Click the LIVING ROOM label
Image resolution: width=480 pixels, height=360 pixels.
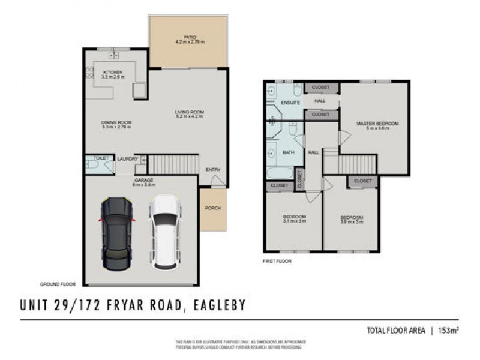pyautogui.click(x=190, y=113)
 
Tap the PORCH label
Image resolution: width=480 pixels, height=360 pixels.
pyautogui.click(x=212, y=208)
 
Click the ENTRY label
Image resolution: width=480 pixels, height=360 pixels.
pyautogui.click(x=213, y=170)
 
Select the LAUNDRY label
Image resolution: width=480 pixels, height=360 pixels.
pyautogui.click(x=128, y=159)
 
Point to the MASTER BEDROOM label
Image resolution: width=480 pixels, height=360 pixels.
pyautogui.click(x=377, y=124)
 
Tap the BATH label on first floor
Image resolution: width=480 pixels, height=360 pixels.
pyautogui.click(x=288, y=153)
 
